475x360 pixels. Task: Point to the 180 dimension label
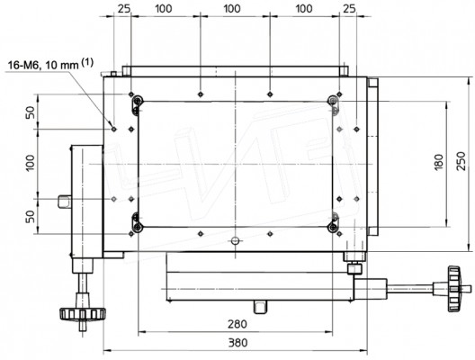(438, 162)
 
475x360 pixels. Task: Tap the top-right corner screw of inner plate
(333, 100)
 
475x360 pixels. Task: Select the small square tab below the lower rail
(261, 307)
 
